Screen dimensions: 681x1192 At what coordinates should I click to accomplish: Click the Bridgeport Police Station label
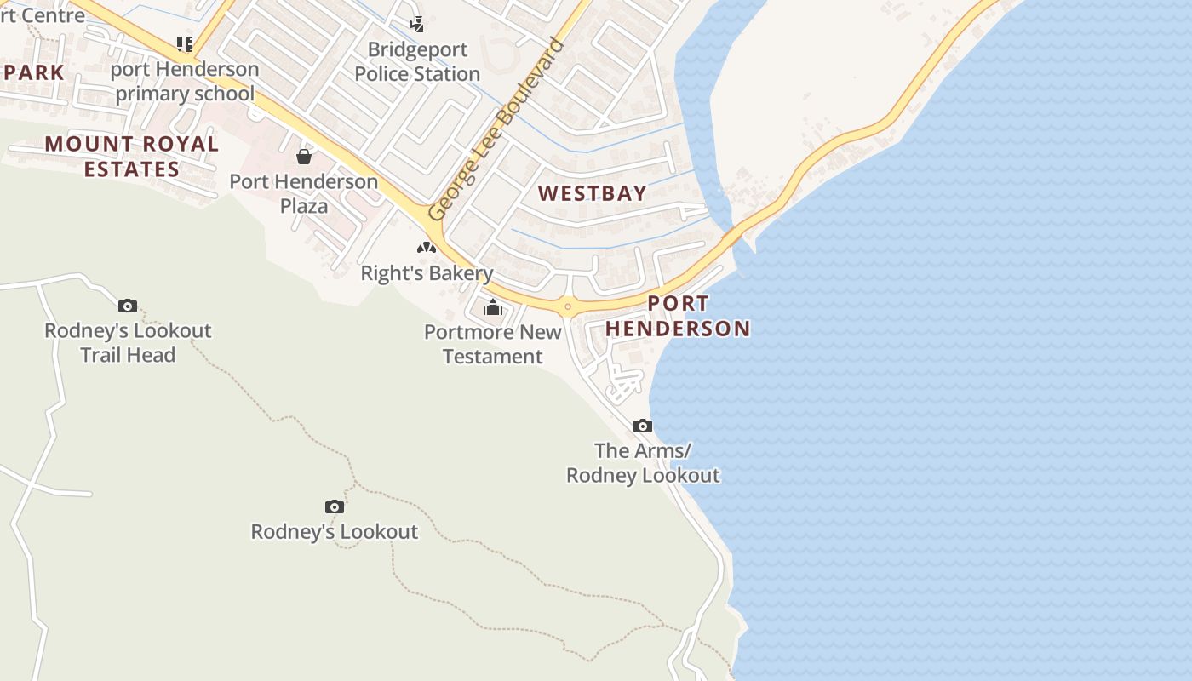pyautogui.click(x=417, y=61)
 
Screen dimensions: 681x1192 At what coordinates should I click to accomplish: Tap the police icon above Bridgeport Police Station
pyautogui.click(x=416, y=24)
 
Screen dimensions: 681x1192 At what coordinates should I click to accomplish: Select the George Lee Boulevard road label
pyautogui.click(x=496, y=129)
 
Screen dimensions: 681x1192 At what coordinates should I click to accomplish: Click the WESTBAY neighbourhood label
pyautogui.click(x=593, y=193)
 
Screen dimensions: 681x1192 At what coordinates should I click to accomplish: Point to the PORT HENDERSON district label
pyautogui.click(x=678, y=316)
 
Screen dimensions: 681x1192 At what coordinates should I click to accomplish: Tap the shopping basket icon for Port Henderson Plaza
pyautogui.click(x=304, y=157)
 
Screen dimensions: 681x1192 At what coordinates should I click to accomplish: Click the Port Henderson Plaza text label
pyautogui.click(x=304, y=193)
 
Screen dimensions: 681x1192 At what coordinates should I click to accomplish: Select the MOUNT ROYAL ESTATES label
pyautogui.click(x=132, y=156)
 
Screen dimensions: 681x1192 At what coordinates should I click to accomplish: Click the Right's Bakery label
pyautogui.click(x=427, y=273)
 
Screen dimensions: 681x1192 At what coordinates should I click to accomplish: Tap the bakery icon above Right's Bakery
pyautogui.click(x=427, y=248)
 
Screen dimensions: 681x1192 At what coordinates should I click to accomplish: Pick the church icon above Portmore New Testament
pyautogui.click(x=493, y=307)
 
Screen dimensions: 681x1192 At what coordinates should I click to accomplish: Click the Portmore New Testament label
pyautogui.click(x=493, y=344)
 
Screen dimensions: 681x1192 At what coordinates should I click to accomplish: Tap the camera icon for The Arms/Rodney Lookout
pyautogui.click(x=643, y=426)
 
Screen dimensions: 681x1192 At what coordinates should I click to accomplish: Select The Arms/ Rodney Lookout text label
pyautogui.click(x=643, y=462)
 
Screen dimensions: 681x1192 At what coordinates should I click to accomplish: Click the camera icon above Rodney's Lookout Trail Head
pyautogui.click(x=128, y=306)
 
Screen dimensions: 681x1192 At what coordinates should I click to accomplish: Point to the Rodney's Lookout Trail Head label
pyautogui.click(x=128, y=342)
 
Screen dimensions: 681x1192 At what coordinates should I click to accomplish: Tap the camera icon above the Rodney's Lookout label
pyautogui.click(x=335, y=507)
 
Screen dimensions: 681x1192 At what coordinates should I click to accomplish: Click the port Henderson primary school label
pyautogui.click(x=185, y=81)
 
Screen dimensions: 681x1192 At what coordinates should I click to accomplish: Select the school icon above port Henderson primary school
pyautogui.click(x=184, y=43)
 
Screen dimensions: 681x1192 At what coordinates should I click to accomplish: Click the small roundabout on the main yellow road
pyautogui.click(x=568, y=306)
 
